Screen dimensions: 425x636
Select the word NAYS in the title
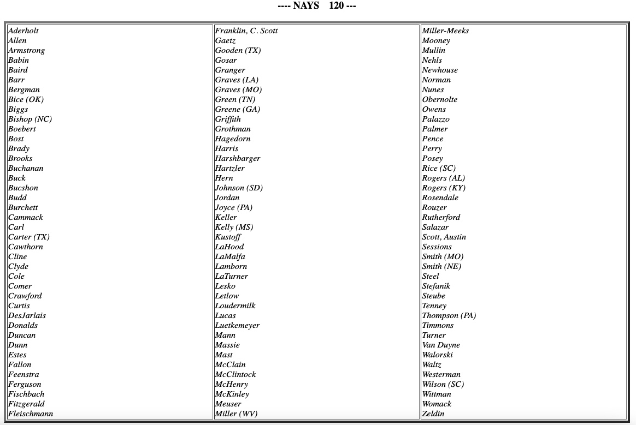pos(306,6)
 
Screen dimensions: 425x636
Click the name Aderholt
pos(23,31)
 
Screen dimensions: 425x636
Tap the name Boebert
pos(22,129)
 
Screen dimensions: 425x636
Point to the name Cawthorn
pos(26,247)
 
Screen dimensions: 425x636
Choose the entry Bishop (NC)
pos(30,119)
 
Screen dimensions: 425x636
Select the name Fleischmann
pos(31,414)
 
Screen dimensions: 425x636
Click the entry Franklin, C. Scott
pos(246,31)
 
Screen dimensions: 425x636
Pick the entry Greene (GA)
pos(238,110)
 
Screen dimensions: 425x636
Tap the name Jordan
pos(227,198)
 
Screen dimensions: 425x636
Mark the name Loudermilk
pos(235,306)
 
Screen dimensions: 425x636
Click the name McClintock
pos(235,375)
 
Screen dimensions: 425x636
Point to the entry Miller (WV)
pos(236,414)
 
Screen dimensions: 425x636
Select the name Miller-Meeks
pos(445,31)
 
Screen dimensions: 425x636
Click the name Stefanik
pos(436,286)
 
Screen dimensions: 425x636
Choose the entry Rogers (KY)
pos(444,188)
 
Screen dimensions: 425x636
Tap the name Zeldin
pos(433,414)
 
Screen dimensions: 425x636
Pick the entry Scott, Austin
pos(444,237)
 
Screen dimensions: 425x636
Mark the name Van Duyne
pos(441,345)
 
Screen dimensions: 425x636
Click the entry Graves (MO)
pos(238,90)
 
